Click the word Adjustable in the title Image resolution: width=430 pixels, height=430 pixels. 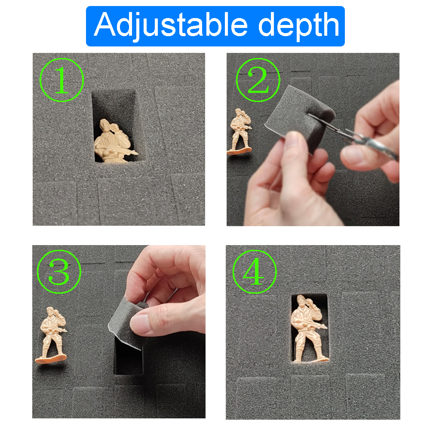point(171,25)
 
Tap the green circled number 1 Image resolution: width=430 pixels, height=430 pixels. point(61,80)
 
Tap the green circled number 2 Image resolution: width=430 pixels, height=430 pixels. point(258,80)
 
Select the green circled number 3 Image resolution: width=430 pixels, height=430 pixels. point(59,272)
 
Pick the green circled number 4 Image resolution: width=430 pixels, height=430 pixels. point(255,272)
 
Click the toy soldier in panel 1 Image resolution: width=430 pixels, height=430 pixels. point(114,141)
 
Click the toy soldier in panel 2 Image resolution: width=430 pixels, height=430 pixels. point(239,132)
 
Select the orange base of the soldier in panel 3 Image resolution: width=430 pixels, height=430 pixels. point(51,359)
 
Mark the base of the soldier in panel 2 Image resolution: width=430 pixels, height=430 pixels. point(239,151)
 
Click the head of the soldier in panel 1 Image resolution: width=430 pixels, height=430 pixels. point(104,125)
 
